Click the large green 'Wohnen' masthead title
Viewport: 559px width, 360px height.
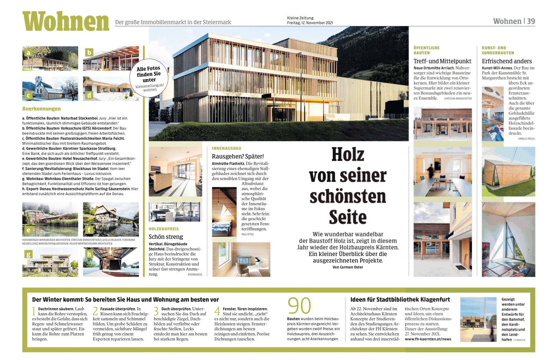(66, 21)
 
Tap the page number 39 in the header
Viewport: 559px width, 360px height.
(531, 21)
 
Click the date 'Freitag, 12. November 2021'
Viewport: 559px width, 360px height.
(310, 23)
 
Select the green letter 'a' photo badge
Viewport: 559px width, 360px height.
(29, 53)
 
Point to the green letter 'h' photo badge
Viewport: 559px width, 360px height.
(89, 254)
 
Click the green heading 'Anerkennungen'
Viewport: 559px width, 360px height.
(41, 109)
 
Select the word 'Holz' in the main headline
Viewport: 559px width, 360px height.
(348, 154)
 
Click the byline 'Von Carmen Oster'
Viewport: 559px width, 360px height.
(348, 267)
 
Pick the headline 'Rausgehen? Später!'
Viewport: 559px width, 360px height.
(238, 156)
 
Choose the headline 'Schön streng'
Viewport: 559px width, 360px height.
(166, 237)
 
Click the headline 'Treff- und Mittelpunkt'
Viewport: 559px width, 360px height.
(442, 61)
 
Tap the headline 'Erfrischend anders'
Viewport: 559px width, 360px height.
(507, 61)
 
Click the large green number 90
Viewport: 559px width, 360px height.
(299, 306)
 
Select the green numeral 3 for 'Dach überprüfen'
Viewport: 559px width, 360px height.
(156, 311)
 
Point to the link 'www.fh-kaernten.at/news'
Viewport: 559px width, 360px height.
(428, 339)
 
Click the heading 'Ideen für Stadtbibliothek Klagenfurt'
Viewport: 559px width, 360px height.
(400, 300)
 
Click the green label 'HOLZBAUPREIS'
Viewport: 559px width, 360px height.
(164, 229)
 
